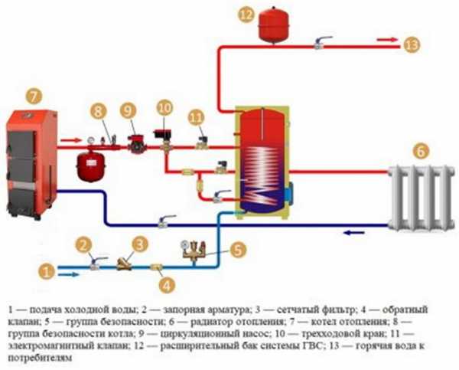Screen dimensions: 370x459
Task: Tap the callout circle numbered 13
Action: click(x=412, y=45)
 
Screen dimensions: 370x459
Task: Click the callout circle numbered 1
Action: click(x=46, y=270)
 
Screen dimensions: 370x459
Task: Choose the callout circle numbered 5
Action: click(x=238, y=249)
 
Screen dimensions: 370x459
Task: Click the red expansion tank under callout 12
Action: click(x=269, y=25)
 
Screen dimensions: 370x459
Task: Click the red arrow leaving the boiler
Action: click(x=68, y=140)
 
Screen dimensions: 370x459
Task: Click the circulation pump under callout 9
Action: click(x=134, y=142)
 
